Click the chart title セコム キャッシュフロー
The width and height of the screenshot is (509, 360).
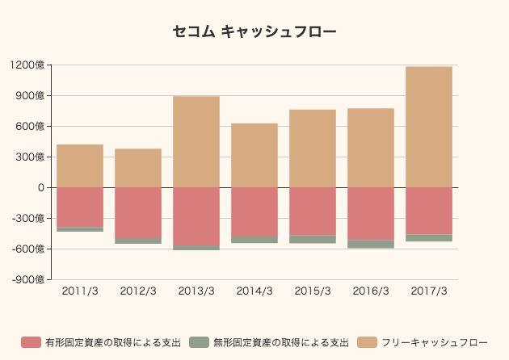tap(254, 32)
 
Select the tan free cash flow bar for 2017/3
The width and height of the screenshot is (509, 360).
tap(429, 127)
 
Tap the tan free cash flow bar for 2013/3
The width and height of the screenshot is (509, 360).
tap(196, 142)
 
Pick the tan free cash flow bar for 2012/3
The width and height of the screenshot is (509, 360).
tap(138, 168)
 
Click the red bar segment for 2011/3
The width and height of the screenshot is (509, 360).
tap(80, 207)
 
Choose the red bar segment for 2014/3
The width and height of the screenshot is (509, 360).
tap(254, 211)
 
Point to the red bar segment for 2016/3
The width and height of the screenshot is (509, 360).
tap(371, 214)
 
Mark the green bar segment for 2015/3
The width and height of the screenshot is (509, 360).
tap(313, 239)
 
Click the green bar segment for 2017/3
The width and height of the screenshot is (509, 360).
tap(429, 237)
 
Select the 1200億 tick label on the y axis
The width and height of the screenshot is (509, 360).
tap(28, 65)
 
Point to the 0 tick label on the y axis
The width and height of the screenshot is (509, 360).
tap(40, 187)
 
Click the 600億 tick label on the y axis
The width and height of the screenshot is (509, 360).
tap(31, 127)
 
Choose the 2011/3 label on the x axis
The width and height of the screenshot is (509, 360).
tap(80, 291)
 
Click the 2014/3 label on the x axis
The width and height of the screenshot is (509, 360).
tap(254, 291)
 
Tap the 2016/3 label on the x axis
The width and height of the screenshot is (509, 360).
tap(371, 291)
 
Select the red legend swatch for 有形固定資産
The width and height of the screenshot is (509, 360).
tap(31, 343)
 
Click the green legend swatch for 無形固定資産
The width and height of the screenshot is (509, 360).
tap(199, 343)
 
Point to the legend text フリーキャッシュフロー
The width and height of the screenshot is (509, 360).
tap(435, 343)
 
